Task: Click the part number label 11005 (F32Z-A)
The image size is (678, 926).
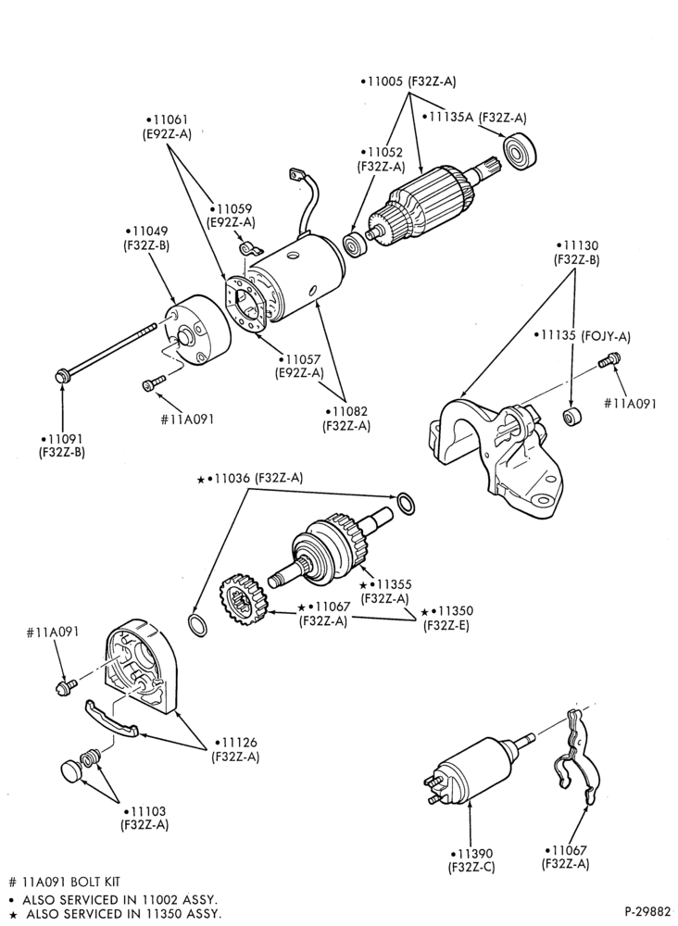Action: point(408,81)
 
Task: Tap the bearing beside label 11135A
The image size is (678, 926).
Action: point(520,150)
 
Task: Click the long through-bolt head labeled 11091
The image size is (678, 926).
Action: point(61,375)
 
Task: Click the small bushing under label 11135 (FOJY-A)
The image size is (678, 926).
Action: point(571,417)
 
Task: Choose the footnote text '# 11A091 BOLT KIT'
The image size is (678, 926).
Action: point(65,882)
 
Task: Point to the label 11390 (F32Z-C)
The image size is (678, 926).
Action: point(471,860)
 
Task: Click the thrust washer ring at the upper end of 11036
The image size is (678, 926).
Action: point(405,503)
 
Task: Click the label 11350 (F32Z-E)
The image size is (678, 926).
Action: point(446,619)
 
